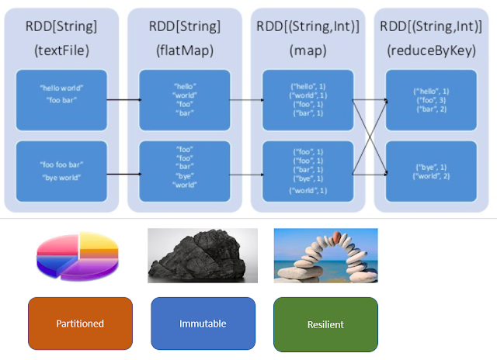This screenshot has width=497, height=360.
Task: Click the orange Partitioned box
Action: (80, 324)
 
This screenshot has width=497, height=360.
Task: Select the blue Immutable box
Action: (203, 324)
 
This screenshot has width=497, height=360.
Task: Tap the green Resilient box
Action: (325, 324)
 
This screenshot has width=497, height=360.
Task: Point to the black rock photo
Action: (202, 255)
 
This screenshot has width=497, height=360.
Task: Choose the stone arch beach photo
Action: (325, 255)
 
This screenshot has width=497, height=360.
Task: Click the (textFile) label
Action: (61, 51)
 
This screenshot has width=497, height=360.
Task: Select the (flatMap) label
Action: (184, 51)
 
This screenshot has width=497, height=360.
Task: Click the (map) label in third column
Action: (308, 51)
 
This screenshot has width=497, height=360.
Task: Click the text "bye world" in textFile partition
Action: (62, 178)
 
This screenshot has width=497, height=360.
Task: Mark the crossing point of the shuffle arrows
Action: (369, 137)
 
